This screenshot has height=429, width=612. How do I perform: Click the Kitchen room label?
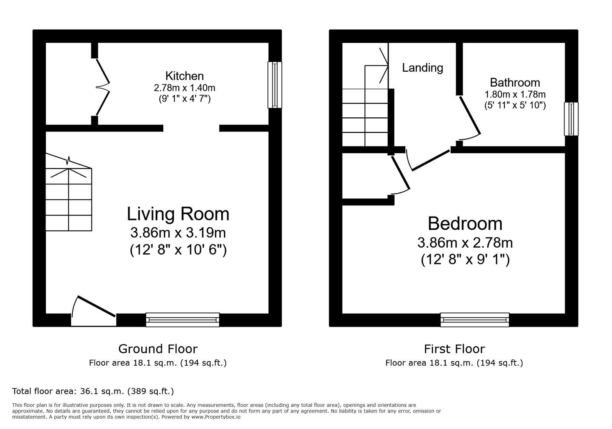pyautogui.click(x=184, y=76)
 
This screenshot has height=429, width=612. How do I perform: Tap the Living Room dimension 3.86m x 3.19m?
pyautogui.click(x=178, y=233)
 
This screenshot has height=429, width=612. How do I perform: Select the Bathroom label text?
pyautogui.click(x=515, y=82)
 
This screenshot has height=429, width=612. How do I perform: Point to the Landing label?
pyautogui.click(x=423, y=68)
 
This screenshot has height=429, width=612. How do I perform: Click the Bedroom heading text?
pyautogui.click(x=465, y=224)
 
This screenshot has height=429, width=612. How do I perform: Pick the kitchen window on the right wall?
pyautogui.click(x=274, y=85)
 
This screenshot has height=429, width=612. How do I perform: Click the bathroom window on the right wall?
pyautogui.click(x=571, y=118)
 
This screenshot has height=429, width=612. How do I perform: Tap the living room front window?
pyautogui.click(x=183, y=319)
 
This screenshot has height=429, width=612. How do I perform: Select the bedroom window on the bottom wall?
pyautogui.click(x=474, y=319)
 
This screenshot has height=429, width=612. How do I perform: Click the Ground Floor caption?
pyautogui.click(x=158, y=349)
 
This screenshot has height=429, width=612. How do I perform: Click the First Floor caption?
pyautogui.click(x=454, y=349)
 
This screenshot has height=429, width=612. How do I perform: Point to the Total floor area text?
pyautogui.click(x=93, y=391)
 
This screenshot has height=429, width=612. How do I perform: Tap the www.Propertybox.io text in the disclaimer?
pyautogui.click(x=215, y=417)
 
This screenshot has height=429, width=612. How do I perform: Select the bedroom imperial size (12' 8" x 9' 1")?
pyautogui.click(x=465, y=260)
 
